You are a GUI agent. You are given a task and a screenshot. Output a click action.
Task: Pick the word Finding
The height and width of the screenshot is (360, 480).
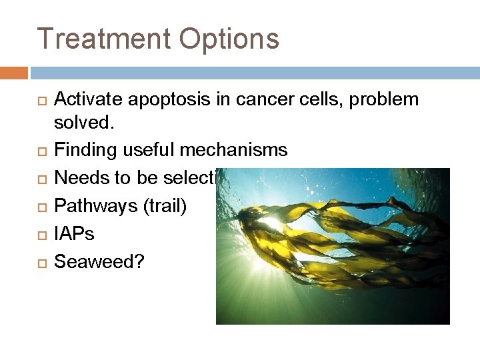[85, 150]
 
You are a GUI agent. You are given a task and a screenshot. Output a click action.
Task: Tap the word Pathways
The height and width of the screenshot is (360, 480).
[95, 206]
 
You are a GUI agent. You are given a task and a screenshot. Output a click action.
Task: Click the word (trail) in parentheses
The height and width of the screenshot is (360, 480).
[165, 206]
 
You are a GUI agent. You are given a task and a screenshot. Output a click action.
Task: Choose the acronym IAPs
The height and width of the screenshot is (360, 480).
[74, 234]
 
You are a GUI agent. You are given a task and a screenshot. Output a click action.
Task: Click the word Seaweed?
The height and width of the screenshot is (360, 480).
[99, 262]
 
